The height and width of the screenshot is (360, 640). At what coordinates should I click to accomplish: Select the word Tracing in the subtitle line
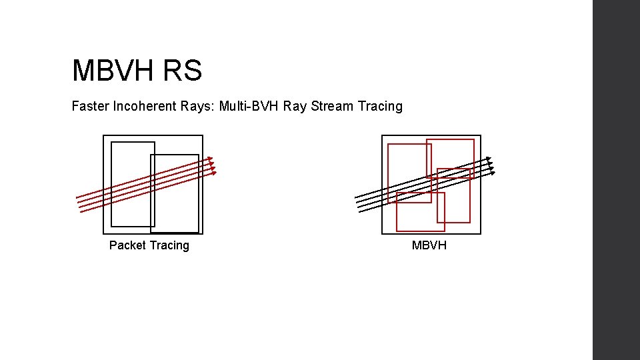[x=380, y=106]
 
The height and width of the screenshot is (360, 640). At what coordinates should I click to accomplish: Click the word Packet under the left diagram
[x=126, y=245]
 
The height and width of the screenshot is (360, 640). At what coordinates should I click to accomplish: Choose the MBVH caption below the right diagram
[x=429, y=245]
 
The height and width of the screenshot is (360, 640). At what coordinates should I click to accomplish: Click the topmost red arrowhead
[x=211, y=159]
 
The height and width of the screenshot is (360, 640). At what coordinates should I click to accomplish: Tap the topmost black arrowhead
[x=489, y=159]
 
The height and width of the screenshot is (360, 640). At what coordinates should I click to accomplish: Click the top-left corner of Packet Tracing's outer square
[x=103, y=135]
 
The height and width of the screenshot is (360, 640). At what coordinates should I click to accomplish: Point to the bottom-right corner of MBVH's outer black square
[x=481, y=234]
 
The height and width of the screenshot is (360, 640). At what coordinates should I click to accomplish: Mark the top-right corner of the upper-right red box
[x=474, y=139]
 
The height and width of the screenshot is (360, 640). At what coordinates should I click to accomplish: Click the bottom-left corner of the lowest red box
[x=397, y=231]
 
